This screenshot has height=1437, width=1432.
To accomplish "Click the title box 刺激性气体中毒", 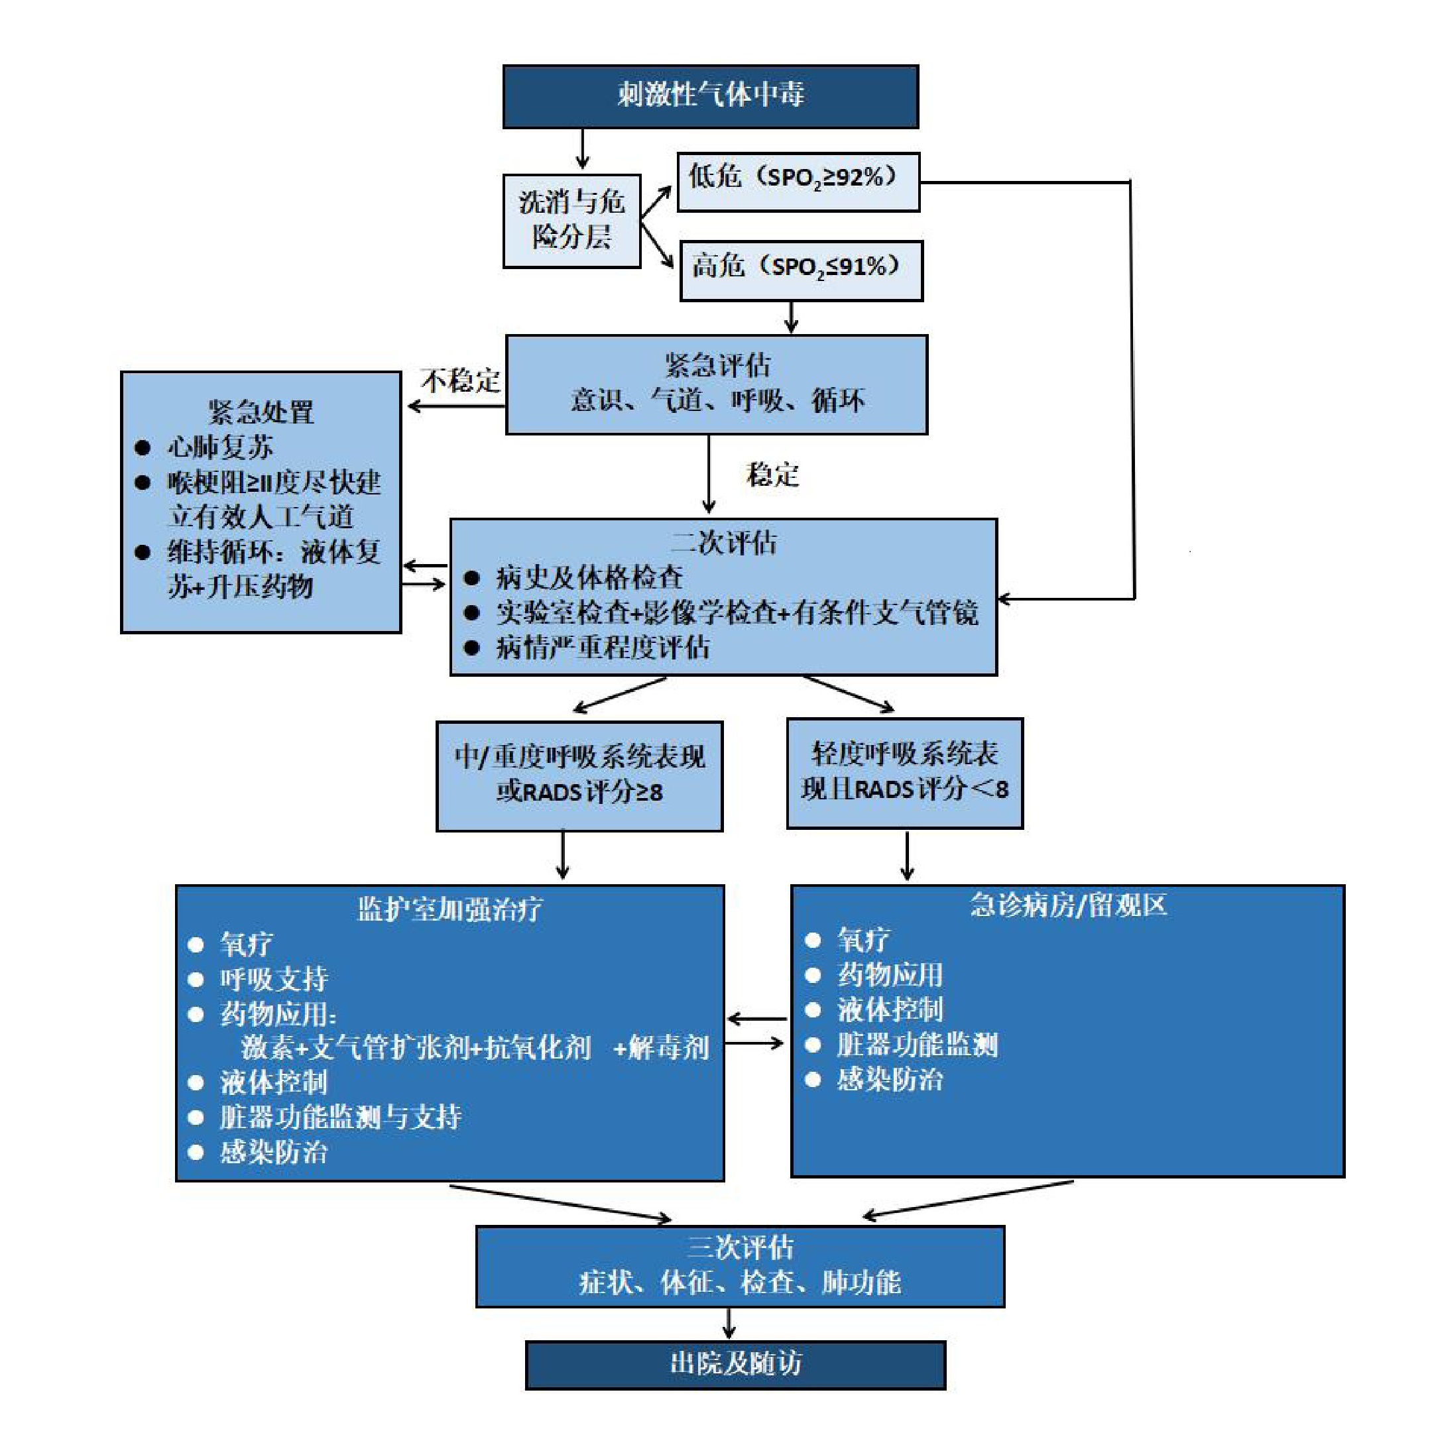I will (x=711, y=96).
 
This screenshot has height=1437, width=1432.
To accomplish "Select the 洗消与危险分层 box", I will (x=571, y=220).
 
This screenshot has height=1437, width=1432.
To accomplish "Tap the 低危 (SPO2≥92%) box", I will (x=798, y=182).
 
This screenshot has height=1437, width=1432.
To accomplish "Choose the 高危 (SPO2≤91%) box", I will (x=800, y=270).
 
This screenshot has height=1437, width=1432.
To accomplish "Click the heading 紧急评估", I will (x=717, y=366).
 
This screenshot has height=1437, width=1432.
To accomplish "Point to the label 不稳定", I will (x=459, y=381).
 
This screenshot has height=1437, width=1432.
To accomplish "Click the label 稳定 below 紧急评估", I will (x=772, y=475).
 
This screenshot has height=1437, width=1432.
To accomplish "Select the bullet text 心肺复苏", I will (x=220, y=447).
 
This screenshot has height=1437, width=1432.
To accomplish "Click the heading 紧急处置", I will (x=261, y=412).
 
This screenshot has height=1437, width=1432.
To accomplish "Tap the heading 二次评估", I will (x=723, y=542).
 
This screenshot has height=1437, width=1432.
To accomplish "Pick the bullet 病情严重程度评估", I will (x=603, y=647).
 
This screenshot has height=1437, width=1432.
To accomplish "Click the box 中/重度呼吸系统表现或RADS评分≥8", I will (x=579, y=775).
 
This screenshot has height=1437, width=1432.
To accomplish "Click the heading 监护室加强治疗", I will (x=450, y=909).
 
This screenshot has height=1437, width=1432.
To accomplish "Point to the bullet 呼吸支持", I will (x=274, y=979).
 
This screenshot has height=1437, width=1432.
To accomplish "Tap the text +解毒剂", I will (x=660, y=1048).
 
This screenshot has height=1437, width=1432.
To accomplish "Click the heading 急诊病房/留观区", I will (x=1067, y=905).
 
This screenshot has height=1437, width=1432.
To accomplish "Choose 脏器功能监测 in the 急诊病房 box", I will (x=918, y=1045).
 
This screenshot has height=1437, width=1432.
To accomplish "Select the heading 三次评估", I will (x=739, y=1247).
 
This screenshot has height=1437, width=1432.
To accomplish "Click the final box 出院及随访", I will (x=735, y=1363).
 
